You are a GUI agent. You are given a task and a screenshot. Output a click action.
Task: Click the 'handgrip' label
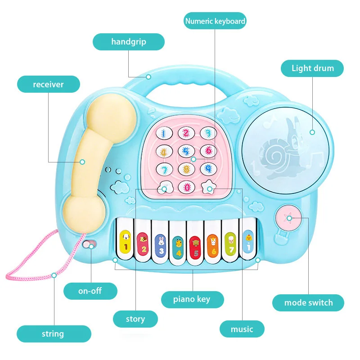coord(129,42)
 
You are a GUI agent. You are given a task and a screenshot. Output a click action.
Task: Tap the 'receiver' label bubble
coord(49,84)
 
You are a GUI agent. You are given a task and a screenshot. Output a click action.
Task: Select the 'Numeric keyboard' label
coord(216,21)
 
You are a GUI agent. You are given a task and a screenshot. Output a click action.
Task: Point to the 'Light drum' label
coord(312,68)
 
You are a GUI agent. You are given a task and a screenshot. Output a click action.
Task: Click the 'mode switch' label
coord(308,303)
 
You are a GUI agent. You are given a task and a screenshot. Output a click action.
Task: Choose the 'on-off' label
coord(90,291)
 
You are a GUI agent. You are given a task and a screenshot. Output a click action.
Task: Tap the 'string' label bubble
coord(53,334)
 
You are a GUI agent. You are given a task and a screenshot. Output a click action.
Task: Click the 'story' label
coord(135,319)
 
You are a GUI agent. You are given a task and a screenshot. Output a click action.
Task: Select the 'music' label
coord(242,329)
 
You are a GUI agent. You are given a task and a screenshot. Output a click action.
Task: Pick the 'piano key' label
coord(192,299)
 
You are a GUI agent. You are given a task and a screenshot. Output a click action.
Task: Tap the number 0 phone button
coord(186,186)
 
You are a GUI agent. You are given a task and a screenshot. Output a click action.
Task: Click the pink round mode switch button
coord(289,218)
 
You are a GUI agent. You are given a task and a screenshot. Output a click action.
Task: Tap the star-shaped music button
coord(208,186)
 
